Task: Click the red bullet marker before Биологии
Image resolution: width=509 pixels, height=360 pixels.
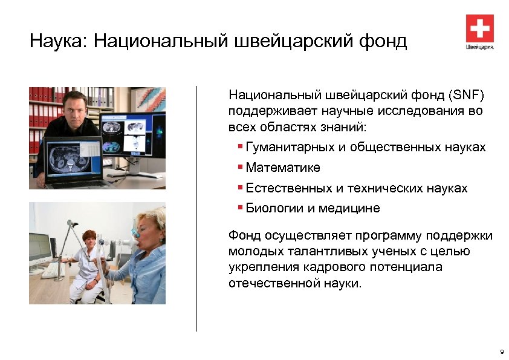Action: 241,208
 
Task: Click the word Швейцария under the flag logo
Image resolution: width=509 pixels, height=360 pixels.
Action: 479,47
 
